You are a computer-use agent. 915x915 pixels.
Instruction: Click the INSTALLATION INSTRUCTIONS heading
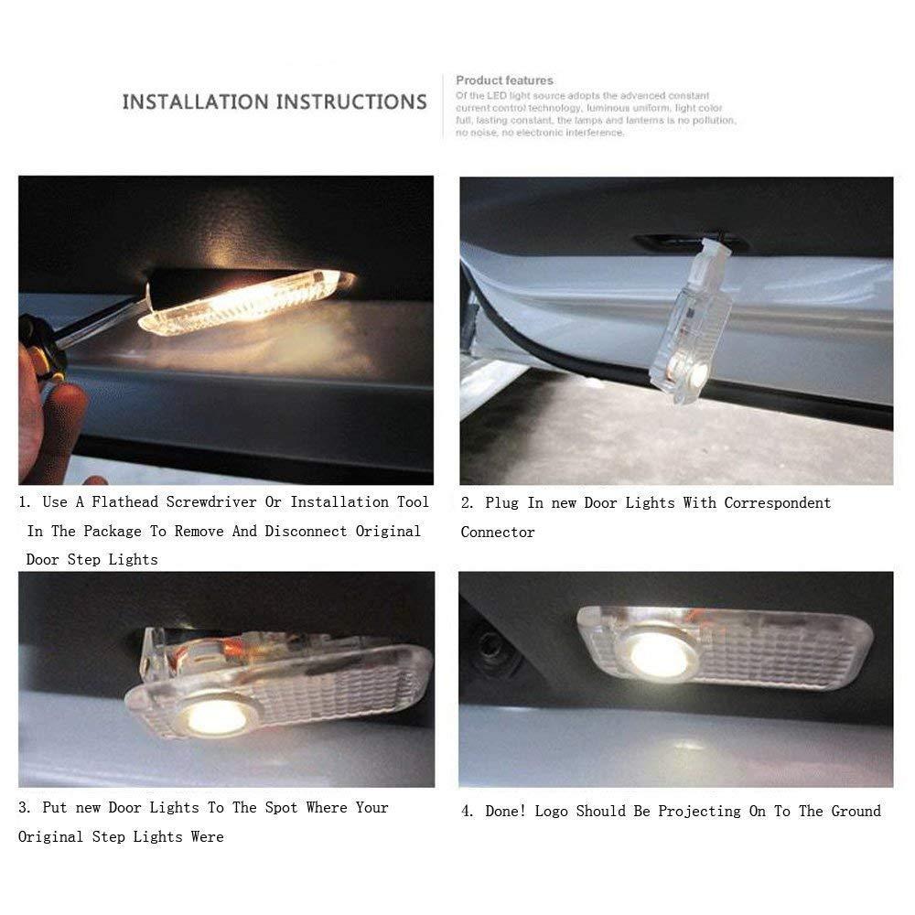click(x=274, y=101)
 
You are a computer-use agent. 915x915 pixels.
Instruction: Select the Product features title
click(x=504, y=81)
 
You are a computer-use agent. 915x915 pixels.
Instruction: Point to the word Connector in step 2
click(x=498, y=532)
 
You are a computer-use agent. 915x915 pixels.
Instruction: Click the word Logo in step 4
click(x=552, y=811)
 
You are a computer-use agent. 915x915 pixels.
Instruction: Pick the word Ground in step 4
click(x=856, y=811)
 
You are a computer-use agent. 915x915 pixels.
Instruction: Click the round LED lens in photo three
click(x=217, y=716)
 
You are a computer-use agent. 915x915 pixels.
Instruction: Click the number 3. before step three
click(x=27, y=807)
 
